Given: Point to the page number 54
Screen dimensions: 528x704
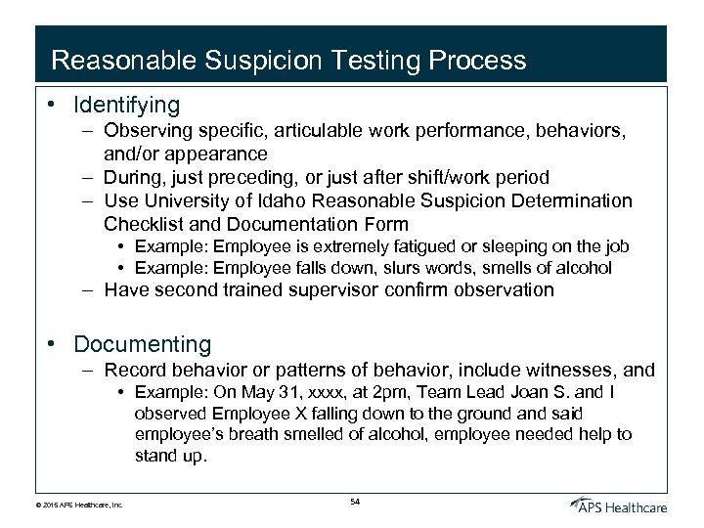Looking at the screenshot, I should (x=354, y=501).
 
